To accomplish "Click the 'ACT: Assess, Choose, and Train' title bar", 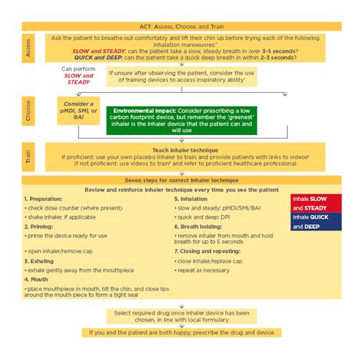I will tap(182, 25).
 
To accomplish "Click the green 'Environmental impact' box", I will tap(165, 120).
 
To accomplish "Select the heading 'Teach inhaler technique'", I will tap(181, 150).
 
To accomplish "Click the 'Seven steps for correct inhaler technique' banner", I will tap(182, 180).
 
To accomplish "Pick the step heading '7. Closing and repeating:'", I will tap(208, 253).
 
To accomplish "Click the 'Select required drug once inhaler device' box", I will tap(181, 316).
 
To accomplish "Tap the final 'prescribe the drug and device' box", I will tap(182, 332).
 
